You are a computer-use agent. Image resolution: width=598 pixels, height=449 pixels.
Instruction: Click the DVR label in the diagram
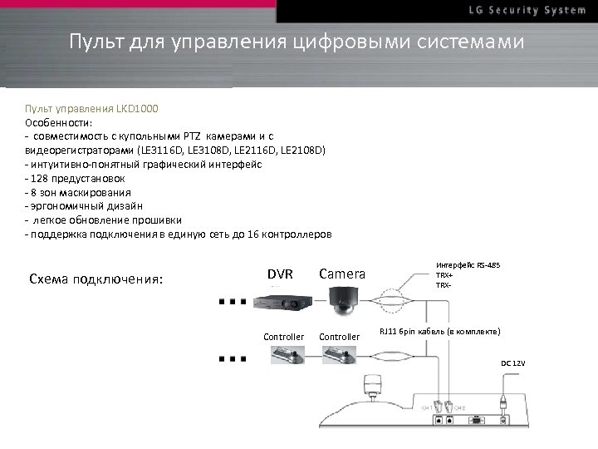(x=280, y=274)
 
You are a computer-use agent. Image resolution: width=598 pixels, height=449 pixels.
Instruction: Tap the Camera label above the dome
(x=341, y=274)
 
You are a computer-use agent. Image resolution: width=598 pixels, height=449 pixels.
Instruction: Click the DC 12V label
(x=512, y=364)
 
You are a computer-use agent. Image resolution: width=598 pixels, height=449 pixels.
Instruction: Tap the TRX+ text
(x=445, y=275)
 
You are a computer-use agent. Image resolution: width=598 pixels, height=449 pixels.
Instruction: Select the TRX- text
(x=444, y=284)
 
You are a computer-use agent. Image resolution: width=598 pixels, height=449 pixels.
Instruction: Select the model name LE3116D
(x=163, y=150)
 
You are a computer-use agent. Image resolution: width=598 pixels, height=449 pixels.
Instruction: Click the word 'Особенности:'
(x=52, y=122)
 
